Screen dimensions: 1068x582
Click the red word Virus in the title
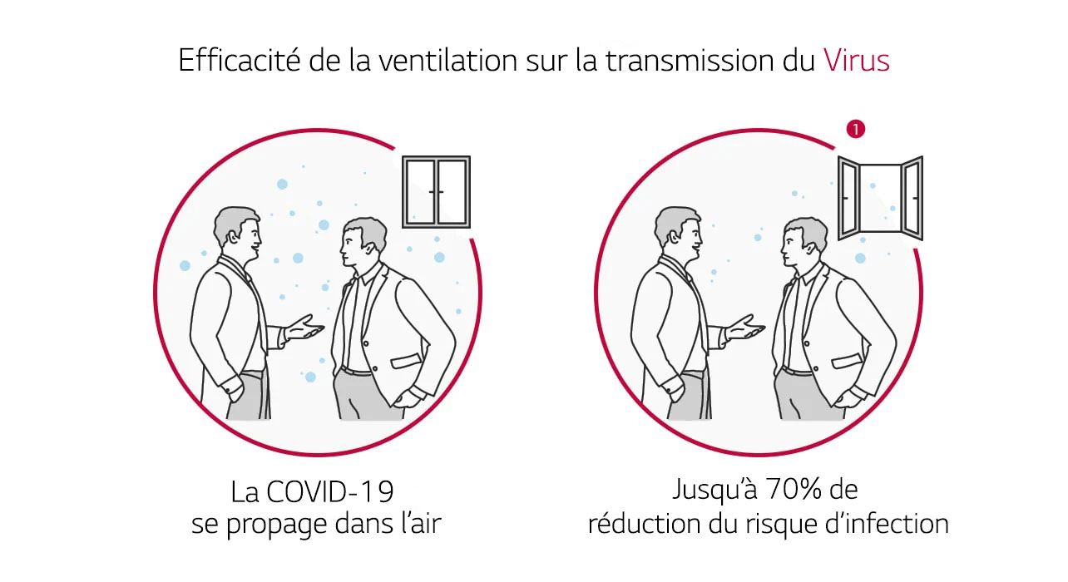pyautogui.click(x=856, y=61)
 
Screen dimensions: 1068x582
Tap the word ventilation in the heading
pyautogui.click(x=447, y=61)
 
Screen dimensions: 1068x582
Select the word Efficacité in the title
pyautogui.click(x=240, y=60)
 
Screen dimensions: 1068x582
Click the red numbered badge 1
pyautogui.click(x=856, y=129)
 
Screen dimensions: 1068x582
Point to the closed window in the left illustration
pyautogui.click(x=436, y=191)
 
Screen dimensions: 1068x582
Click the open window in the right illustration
pyautogui.click(x=880, y=198)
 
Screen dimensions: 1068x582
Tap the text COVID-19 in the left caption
pyautogui.click(x=330, y=492)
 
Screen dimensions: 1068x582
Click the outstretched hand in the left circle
pyautogui.click(x=305, y=328)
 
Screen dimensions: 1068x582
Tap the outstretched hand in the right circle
pyautogui.click(x=746, y=328)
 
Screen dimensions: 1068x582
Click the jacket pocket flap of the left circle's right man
pyautogui.click(x=406, y=362)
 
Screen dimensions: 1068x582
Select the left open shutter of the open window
pyautogui.click(x=848, y=198)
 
